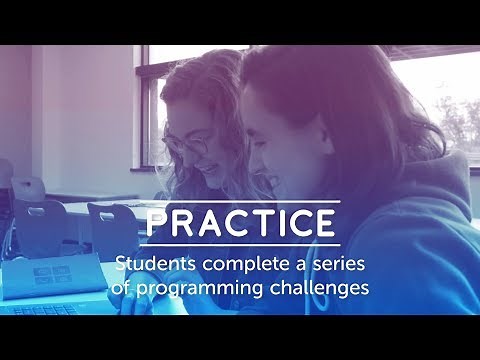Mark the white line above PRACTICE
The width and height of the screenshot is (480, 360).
pyautogui.click(x=240, y=203)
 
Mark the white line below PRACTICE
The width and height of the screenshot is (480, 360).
pyautogui.click(x=240, y=244)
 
